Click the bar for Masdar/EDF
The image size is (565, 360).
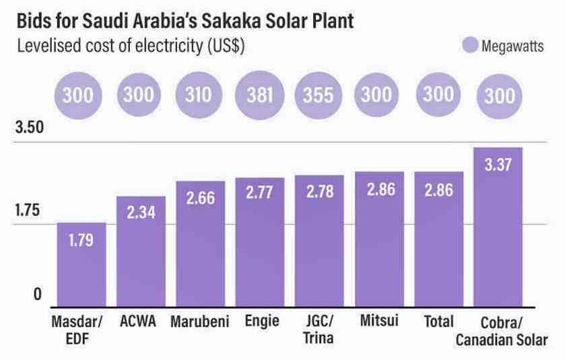pyautogui.click(x=81, y=266)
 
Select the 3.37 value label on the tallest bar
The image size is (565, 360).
pyautogui.click(x=498, y=164)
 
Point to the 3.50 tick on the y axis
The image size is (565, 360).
pyautogui.click(x=29, y=128)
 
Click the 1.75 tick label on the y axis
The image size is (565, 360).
pyautogui.click(x=29, y=211)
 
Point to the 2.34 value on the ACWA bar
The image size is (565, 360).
pyautogui.click(x=141, y=213)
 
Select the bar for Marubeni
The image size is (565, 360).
pyautogui.click(x=200, y=246)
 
